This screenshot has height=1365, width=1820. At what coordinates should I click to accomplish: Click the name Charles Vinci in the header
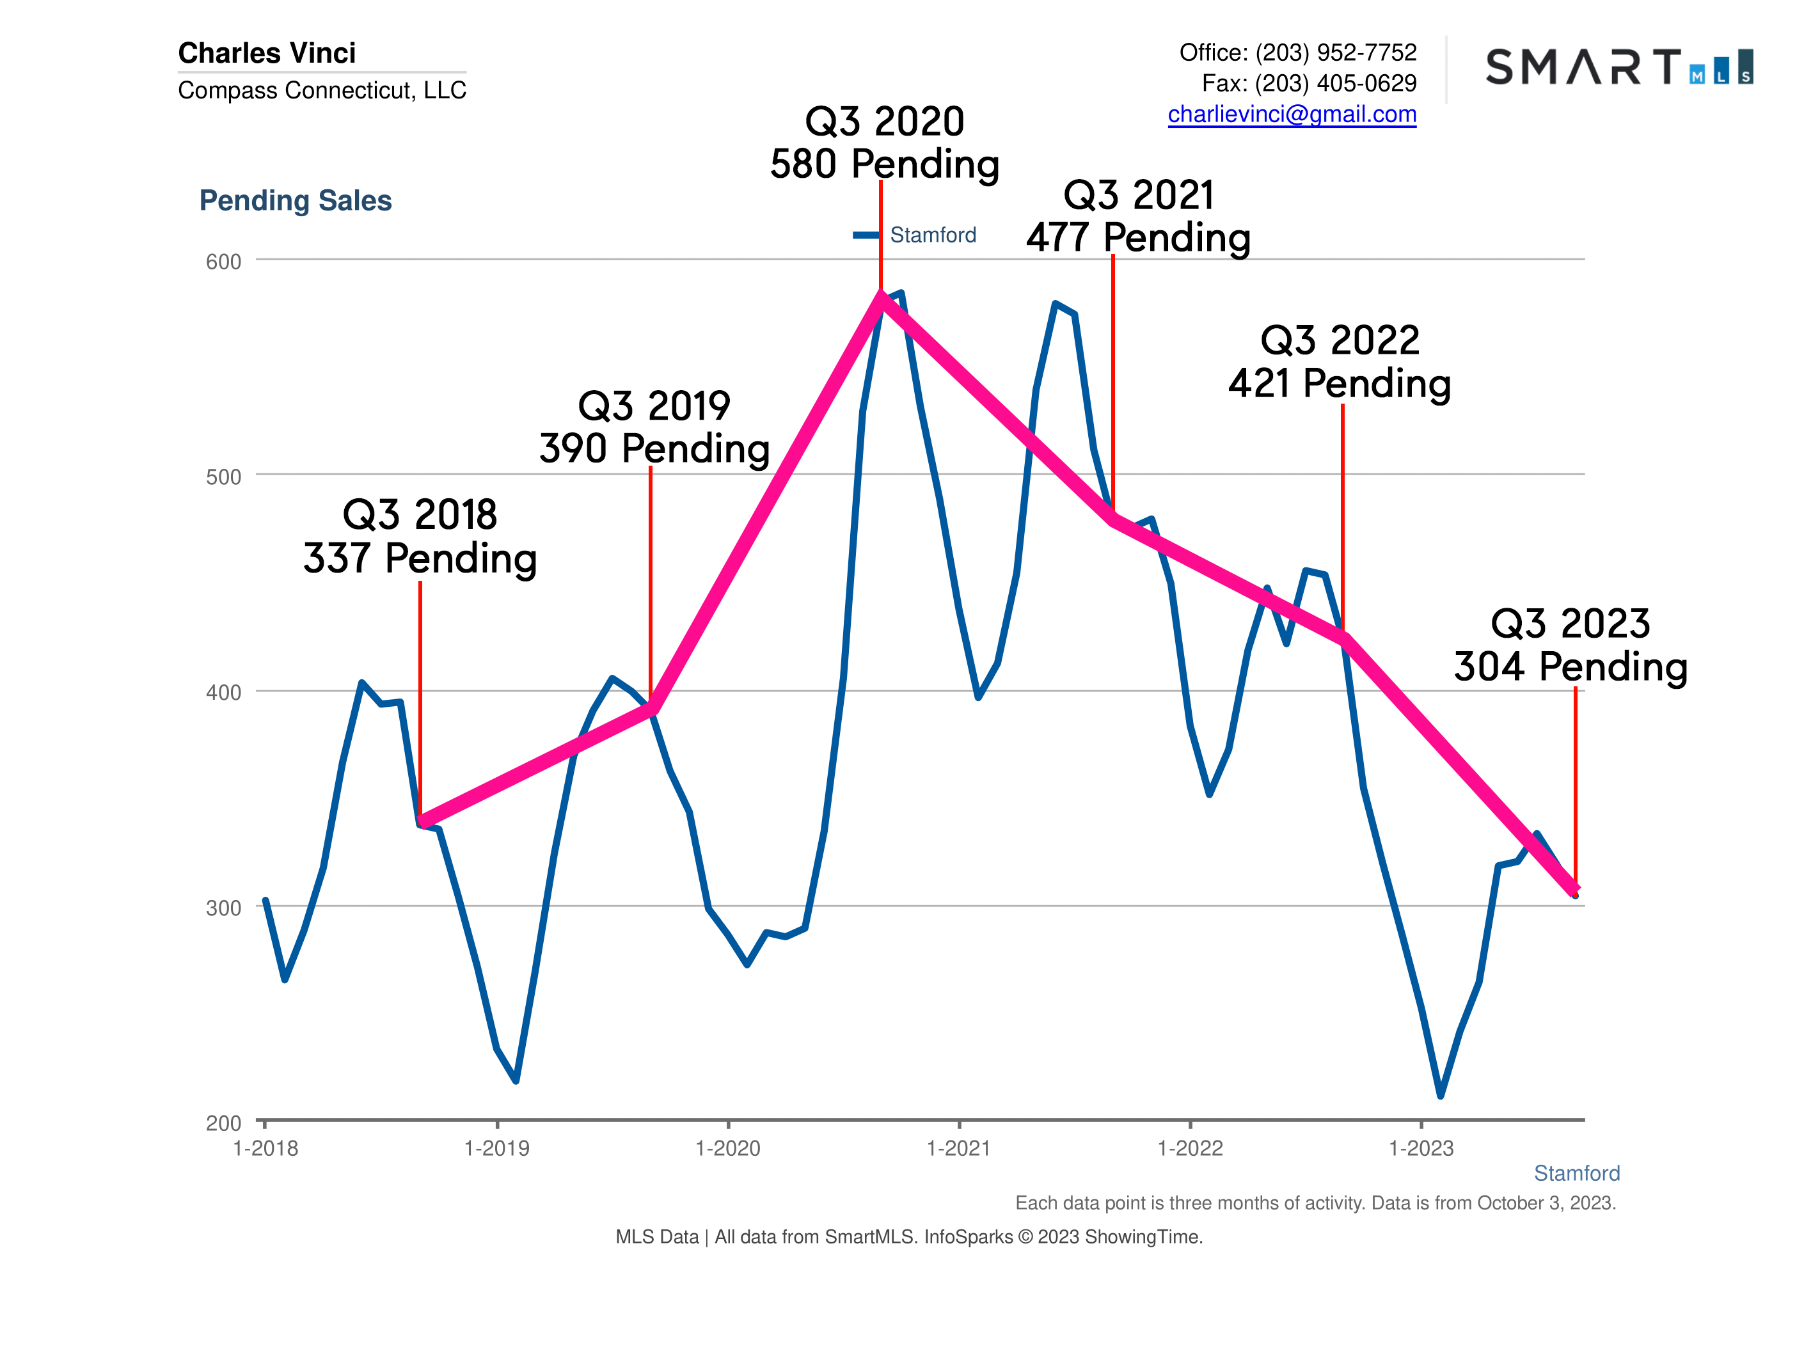point(267,54)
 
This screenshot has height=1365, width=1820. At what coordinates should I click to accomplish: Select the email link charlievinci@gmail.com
point(1291,114)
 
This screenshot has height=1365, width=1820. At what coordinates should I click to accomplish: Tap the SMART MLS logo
point(1618,67)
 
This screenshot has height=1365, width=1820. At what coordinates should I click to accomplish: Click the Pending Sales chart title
point(296,201)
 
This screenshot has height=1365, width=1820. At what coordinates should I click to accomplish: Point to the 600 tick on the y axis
point(223,262)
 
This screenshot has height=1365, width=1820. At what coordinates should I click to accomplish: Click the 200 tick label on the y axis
point(223,1123)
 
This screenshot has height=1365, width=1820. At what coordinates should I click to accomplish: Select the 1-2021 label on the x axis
point(958,1149)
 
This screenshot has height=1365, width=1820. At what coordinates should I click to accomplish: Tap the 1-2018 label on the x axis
point(265,1149)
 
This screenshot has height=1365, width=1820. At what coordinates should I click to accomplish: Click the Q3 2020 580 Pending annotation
point(885,143)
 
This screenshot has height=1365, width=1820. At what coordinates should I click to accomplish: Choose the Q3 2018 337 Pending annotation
point(420,537)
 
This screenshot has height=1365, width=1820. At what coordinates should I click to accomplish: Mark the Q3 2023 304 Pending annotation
point(1570,645)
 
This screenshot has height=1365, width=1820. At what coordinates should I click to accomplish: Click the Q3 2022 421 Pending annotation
point(1340,362)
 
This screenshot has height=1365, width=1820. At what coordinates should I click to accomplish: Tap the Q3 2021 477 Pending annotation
point(1138,216)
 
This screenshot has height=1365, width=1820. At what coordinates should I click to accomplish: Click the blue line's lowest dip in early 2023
point(1440,1095)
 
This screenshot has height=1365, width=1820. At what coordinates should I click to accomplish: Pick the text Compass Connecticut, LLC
point(322,90)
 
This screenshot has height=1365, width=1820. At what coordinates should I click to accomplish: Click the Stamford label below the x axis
point(1576,1173)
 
